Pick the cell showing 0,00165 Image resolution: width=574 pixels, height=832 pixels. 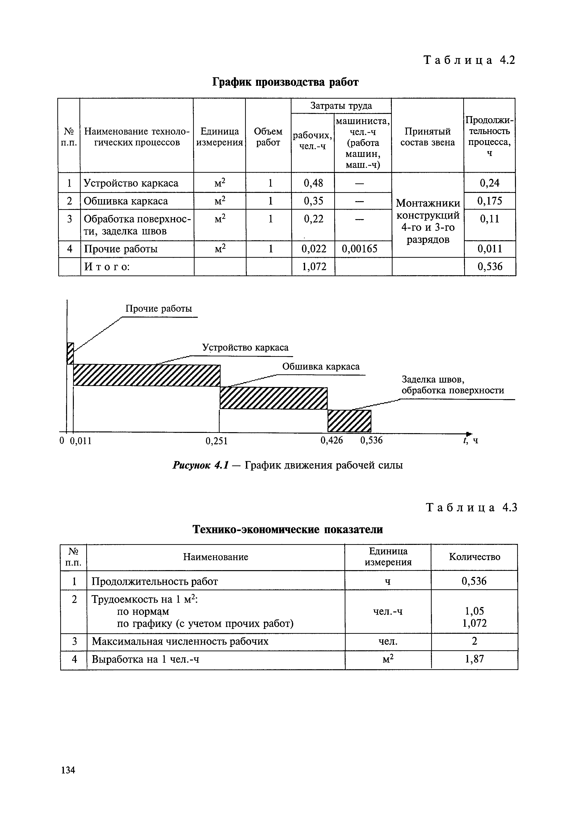[x=360, y=249]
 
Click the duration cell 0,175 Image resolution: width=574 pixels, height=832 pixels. [x=489, y=201]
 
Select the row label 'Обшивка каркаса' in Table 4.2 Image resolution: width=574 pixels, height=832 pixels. [x=126, y=201]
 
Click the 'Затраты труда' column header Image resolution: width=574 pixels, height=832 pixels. [x=341, y=106]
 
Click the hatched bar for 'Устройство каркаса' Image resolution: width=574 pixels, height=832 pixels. [x=146, y=375]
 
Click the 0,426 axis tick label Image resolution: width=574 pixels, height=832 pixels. [x=332, y=440]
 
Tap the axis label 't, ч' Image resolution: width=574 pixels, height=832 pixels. [x=471, y=440]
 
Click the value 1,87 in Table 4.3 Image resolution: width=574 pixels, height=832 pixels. [x=474, y=659]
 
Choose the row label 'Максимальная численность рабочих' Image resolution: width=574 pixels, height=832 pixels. [x=180, y=642]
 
